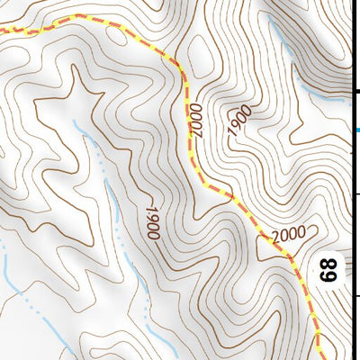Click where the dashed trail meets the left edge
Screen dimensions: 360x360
[2, 31]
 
